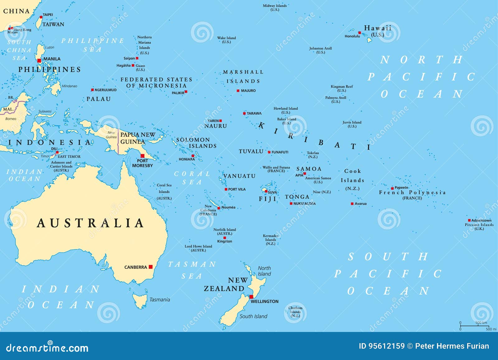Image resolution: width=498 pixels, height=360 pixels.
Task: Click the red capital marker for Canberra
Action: (x=151, y=267)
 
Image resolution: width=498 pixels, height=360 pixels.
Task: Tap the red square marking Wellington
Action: (x=251, y=297)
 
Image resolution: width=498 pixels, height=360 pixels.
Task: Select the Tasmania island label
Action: (x=160, y=300)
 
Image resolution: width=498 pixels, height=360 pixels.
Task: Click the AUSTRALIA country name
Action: (x=90, y=223)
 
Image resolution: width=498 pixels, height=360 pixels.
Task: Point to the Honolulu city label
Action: (x=352, y=36)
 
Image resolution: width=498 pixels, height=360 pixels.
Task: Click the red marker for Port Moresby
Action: (x=143, y=156)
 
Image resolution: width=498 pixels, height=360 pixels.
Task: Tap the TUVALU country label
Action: (x=251, y=151)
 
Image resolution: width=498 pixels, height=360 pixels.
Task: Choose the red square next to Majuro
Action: (x=238, y=91)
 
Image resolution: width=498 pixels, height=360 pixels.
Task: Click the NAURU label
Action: (x=215, y=126)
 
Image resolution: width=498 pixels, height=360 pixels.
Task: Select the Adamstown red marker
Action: (x=469, y=220)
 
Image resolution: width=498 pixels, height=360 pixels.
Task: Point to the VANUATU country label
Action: (x=239, y=176)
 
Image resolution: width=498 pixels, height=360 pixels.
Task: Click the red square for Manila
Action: (x=39, y=61)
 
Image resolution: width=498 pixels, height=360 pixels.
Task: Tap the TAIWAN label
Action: (x=53, y=24)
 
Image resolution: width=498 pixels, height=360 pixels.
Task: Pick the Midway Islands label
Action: (x=275, y=7)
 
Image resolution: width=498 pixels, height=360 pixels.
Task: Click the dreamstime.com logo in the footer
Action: (x=47, y=348)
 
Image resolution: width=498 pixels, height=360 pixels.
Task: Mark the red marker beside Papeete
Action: (x=392, y=188)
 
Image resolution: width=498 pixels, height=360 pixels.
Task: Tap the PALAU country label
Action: (x=98, y=99)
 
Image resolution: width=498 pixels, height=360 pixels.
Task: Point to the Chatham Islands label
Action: (x=295, y=312)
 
